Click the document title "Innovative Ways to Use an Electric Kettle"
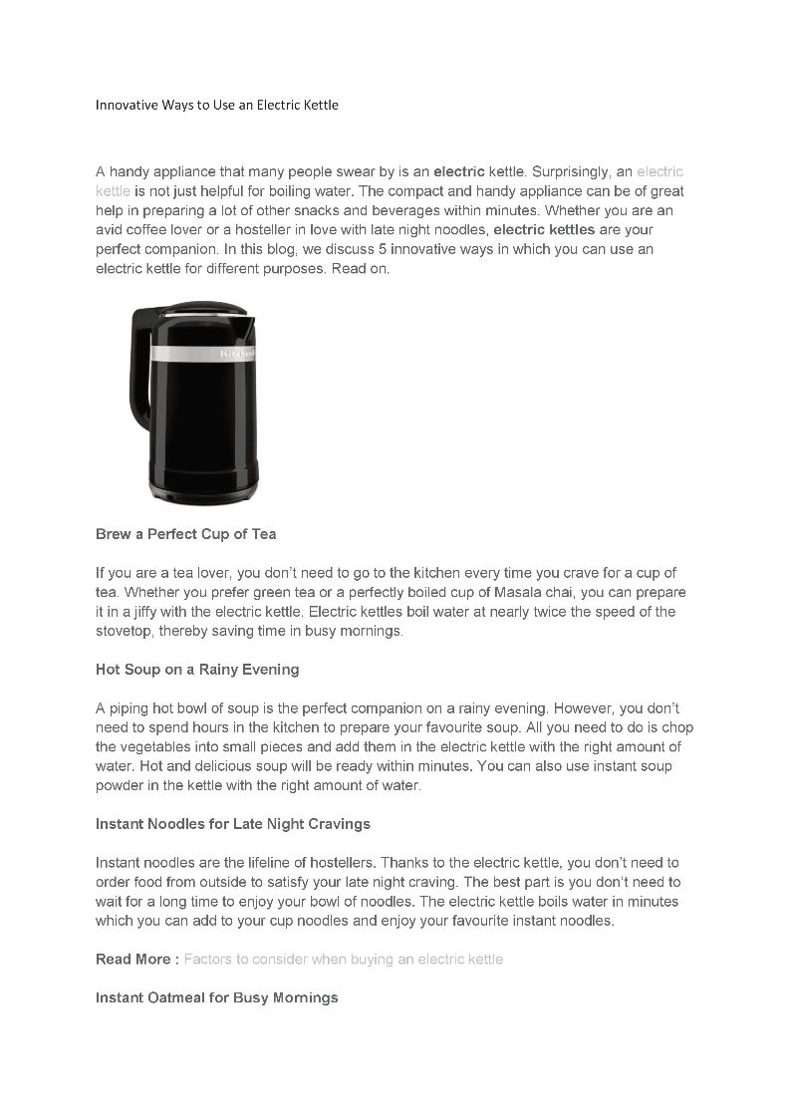[x=217, y=104]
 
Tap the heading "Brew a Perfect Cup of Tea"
[x=185, y=534]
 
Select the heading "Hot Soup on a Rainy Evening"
[x=197, y=670]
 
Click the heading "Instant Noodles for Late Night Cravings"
[x=232, y=824]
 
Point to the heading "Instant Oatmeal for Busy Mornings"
[x=216, y=997]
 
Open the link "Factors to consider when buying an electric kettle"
[x=344, y=960]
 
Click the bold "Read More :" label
[x=137, y=960]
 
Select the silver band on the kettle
[x=204, y=354]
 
